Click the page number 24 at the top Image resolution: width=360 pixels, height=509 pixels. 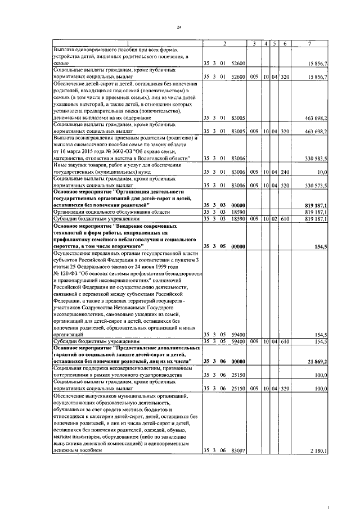(x=179, y=26)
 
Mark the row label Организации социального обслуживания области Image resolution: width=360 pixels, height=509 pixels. (x=98, y=211)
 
